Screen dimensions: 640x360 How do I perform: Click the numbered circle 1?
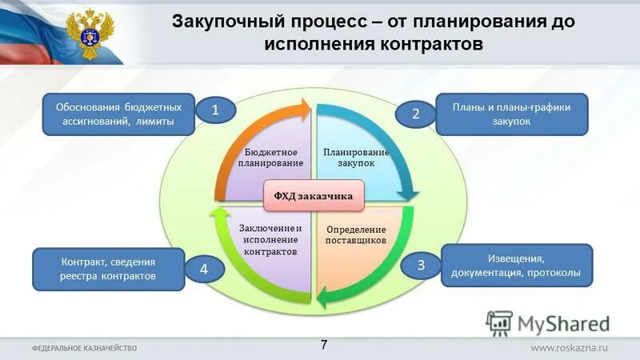coord(215,112)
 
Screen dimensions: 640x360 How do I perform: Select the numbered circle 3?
coord(421,266)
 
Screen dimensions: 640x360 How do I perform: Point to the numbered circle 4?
coord(203,270)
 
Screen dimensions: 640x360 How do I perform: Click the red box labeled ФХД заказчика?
coord(314,194)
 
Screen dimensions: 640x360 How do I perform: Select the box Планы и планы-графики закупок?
coord(511,115)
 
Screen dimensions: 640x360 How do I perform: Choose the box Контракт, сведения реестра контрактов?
coord(108,269)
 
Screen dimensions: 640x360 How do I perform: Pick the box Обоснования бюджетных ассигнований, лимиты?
coord(118,114)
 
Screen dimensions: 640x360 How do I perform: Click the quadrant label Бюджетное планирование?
coord(270,158)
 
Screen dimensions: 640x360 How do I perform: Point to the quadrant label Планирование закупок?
coord(355,157)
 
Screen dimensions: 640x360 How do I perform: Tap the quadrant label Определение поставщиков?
coord(356,234)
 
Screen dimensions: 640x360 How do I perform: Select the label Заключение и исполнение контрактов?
coord(271,240)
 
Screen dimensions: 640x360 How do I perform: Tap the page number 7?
coord(324,345)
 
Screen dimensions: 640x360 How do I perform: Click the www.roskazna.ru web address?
coord(570,348)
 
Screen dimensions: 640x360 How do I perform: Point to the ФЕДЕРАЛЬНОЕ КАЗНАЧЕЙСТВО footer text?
coord(85,348)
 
